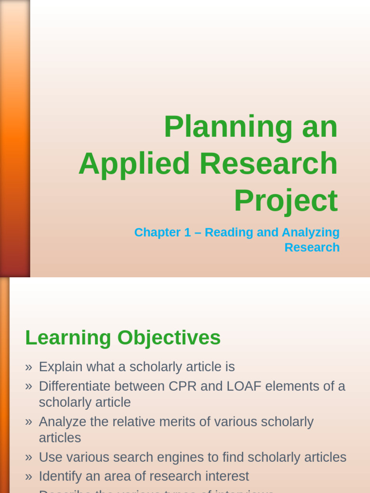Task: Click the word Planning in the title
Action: pyautogui.click(x=228, y=127)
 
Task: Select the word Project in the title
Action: pyautogui.click(x=286, y=200)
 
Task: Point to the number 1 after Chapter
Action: pyautogui.click(x=187, y=233)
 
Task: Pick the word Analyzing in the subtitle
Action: pyautogui.click(x=311, y=233)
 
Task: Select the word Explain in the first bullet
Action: pyautogui.click(x=60, y=367)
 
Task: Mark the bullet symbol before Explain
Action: pyautogui.click(x=28, y=367)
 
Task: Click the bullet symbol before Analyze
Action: pyautogui.click(x=28, y=422)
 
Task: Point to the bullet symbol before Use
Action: pyautogui.click(x=28, y=458)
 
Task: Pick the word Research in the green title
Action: pyautogui.click(x=268, y=164)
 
